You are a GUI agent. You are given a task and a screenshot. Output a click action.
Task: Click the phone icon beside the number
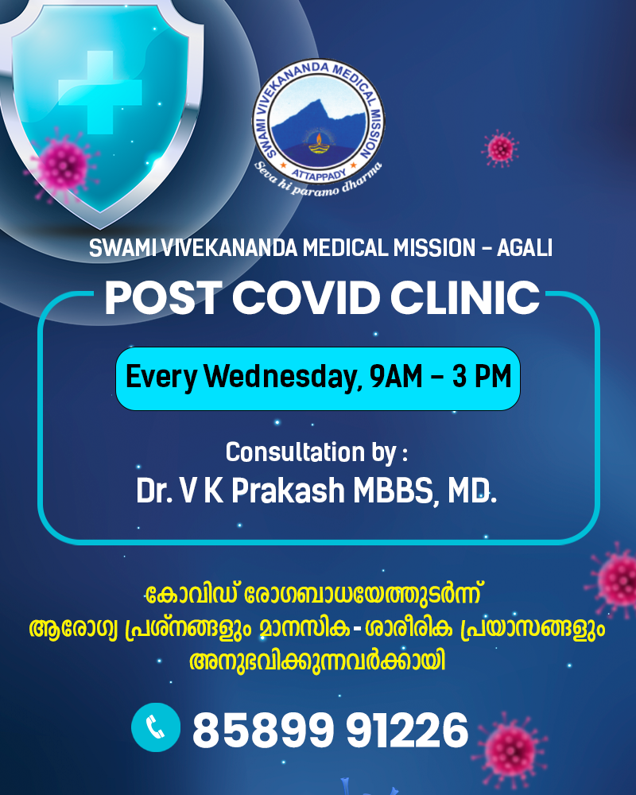click(x=156, y=727)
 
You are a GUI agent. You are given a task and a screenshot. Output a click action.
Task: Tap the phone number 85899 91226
click(x=330, y=730)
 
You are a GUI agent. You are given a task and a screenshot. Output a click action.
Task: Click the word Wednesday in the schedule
click(x=283, y=377)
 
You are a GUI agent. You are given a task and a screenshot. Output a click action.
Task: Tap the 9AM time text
click(x=396, y=376)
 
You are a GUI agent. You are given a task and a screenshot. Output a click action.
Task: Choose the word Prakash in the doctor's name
click(x=288, y=491)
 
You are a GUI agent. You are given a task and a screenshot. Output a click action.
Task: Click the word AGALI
click(x=525, y=248)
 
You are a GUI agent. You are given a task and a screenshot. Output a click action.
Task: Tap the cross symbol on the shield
click(x=100, y=92)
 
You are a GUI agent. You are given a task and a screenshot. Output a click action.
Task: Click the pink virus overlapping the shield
click(x=61, y=166)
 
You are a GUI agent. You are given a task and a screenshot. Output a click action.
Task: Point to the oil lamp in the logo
click(x=318, y=143)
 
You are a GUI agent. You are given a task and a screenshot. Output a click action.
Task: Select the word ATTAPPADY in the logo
click(x=319, y=173)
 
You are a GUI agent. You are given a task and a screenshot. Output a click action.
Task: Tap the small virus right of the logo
click(x=501, y=149)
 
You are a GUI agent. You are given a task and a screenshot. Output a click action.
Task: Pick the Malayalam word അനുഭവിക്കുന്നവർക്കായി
click(x=317, y=661)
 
